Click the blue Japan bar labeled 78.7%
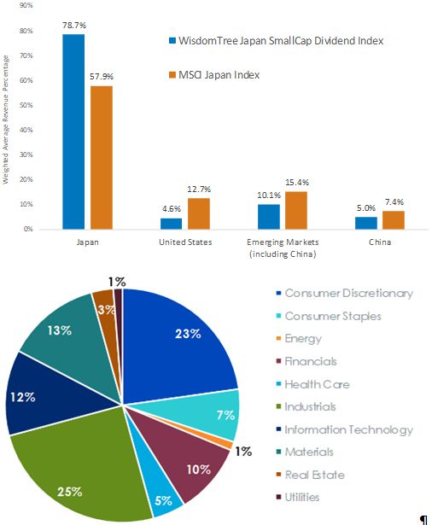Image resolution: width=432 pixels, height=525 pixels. (x=74, y=131)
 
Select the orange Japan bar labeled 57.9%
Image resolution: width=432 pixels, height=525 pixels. (x=102, y=157)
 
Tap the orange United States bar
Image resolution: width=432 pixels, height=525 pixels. (x=198, y=213)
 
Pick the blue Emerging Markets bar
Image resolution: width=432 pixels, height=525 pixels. (x=269, y=217)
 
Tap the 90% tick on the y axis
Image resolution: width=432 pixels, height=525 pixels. (x=26, y=5)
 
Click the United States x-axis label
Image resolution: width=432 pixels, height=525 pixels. (x=185, y=243)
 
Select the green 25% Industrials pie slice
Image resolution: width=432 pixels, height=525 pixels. (x=77, y=478)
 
